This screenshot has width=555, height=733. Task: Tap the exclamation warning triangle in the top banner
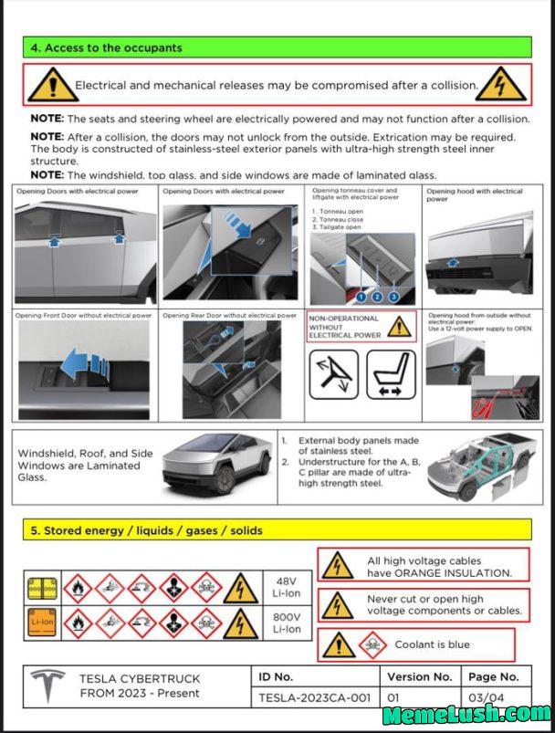[x=52, y=85]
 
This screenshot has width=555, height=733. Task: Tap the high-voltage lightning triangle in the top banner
[x=501, y=85]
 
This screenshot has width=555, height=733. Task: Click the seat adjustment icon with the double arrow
[x=391, y=375]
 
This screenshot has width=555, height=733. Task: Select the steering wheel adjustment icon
[x=333, y=375]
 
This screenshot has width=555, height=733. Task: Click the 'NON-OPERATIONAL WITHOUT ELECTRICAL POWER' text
[x=343, y=326]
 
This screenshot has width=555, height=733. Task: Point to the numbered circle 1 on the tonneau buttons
[x=361, y=297]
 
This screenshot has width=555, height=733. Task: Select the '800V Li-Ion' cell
[x=287, y=623]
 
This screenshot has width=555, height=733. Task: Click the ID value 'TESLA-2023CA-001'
[x=314, y=698]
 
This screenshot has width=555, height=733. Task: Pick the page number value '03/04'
[x=493, y=698]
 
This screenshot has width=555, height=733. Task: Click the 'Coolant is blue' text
[x=432, y=644]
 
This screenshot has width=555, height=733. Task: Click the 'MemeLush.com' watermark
[x=466, y=715]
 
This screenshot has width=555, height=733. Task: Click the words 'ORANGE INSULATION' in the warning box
[x=453, y=573]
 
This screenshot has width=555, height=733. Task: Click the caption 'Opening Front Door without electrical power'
[x=84, y=315]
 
